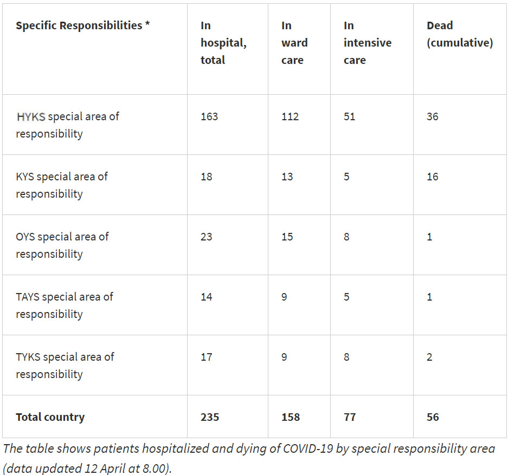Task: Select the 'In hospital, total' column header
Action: [223, 43]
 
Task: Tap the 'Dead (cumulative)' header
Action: [460, 34]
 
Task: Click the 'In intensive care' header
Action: [368, 43]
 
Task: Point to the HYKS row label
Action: [67, 125]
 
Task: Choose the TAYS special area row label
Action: [64, 305]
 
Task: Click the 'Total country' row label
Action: [50, 417]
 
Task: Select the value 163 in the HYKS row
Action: [209, 116]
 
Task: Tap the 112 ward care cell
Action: [290, 116]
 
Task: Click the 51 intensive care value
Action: [350, 116]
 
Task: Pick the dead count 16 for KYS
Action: [432, 177]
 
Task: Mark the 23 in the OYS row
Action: [206, 237]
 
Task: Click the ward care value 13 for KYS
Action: [287, 177]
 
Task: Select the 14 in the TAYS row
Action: [206, 297]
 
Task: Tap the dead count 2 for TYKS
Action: [429, 357]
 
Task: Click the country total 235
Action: [210, 417]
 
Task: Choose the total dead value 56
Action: [433, 417]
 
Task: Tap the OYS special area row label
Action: [62, 245]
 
